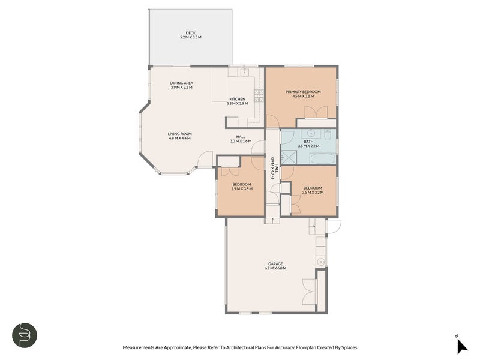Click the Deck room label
coord(190,33)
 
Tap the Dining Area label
coord(182,83)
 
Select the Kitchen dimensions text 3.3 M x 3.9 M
coord(237,103)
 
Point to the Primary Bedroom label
coord(303,92)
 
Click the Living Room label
coord(179,134)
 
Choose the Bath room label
coord(308,142)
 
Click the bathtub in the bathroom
coord(323,159)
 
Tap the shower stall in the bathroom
coord(288,158)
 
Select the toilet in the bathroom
coord(327,134)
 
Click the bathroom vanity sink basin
coord(311,133)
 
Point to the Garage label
coord(275,264)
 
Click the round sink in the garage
coord(321,262)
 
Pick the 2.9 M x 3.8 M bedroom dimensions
coord(242,189)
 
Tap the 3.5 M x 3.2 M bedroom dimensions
coord(313,192)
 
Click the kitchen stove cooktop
coord(259,96)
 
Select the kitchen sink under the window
coord(245,72)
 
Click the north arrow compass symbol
coord(462,347)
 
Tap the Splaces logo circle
coord(25,335)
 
